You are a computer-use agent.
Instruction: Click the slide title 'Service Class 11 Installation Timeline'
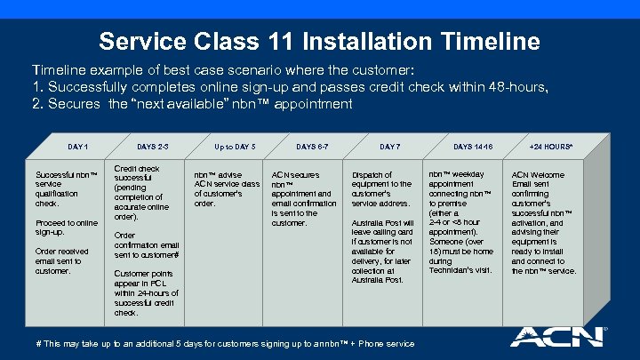click(x=319, y=41)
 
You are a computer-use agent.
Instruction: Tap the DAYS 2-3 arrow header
click(x=153, y=145)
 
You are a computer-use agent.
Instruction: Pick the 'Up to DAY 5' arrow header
click(x=235, y=145)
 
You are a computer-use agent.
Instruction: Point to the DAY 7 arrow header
click(x=389, y=145)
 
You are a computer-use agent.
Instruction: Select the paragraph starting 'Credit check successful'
click(x=146, y=192)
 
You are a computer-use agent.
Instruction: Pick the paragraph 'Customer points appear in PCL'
click(x=146, y=292)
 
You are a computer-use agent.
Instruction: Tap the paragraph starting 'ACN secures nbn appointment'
click(x=303, y=198)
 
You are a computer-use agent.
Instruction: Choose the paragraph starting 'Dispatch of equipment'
click(x=381, y=188)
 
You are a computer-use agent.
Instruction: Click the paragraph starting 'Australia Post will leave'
click(x=383, y=251)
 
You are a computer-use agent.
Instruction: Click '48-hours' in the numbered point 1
click(x=522, y=86)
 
